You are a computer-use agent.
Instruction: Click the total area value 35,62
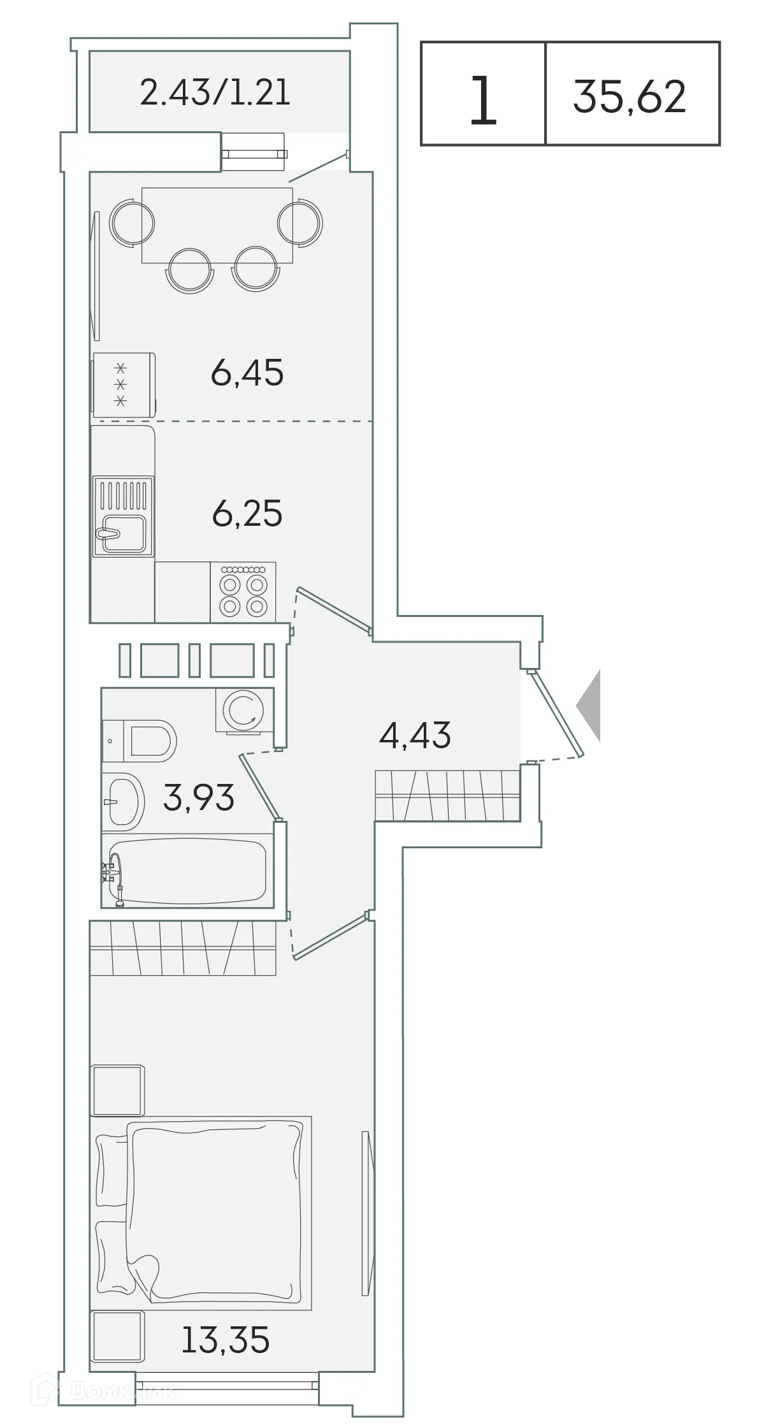(x=630, y=96)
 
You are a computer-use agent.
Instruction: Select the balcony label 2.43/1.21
(x=215, y=92)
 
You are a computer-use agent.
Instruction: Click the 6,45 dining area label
(x=247, y=373)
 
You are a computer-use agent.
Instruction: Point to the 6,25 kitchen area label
(x=247, y=514)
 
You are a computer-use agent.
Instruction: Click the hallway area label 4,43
(x=415, y=735)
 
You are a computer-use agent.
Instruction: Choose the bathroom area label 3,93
(x=199, y=797)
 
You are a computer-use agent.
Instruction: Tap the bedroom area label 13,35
(x=226, y=1339)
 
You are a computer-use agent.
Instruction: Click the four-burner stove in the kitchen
(x=243, y=591)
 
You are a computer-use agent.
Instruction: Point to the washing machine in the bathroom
(x=245, y=711)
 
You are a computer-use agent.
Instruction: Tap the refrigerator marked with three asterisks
(x=124, y=384)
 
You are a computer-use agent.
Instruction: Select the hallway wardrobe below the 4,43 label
(x=447, y=795)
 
